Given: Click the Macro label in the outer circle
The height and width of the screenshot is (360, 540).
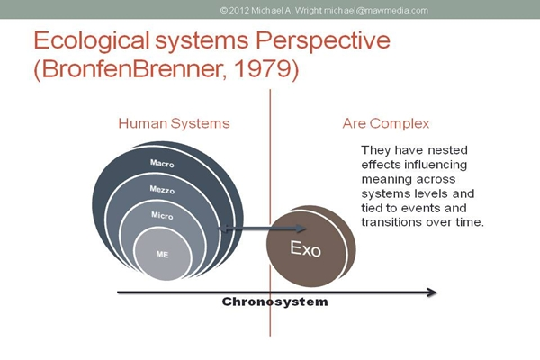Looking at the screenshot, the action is [x=162, y=163].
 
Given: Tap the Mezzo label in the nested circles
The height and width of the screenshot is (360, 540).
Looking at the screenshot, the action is [x=162, y=190].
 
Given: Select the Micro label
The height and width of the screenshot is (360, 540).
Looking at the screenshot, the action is [x=162, y=215].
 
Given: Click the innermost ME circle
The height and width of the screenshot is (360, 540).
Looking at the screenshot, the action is [x=162, y=254].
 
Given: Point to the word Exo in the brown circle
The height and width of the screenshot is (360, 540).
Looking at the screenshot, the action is [x=305, y=248].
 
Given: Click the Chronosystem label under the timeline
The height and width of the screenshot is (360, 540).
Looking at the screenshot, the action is [x=274, y=301].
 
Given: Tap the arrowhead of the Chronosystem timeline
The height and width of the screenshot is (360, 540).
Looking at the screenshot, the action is [x=432, y=292].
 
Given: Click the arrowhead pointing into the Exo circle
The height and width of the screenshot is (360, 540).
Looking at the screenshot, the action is [x=301, y=228].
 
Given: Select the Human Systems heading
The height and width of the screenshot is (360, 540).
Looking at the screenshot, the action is [x=174, y=123].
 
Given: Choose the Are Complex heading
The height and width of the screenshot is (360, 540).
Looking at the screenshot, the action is [x=386, y=123].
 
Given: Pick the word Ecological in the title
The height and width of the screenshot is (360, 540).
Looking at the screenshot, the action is [x=91, y=41].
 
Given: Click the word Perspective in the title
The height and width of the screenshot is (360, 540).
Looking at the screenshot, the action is [x=323, y=41].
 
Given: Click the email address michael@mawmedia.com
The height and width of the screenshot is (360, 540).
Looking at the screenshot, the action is [x=375, y=10].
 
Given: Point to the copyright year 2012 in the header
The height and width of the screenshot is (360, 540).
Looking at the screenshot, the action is [x=239, y=10].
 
